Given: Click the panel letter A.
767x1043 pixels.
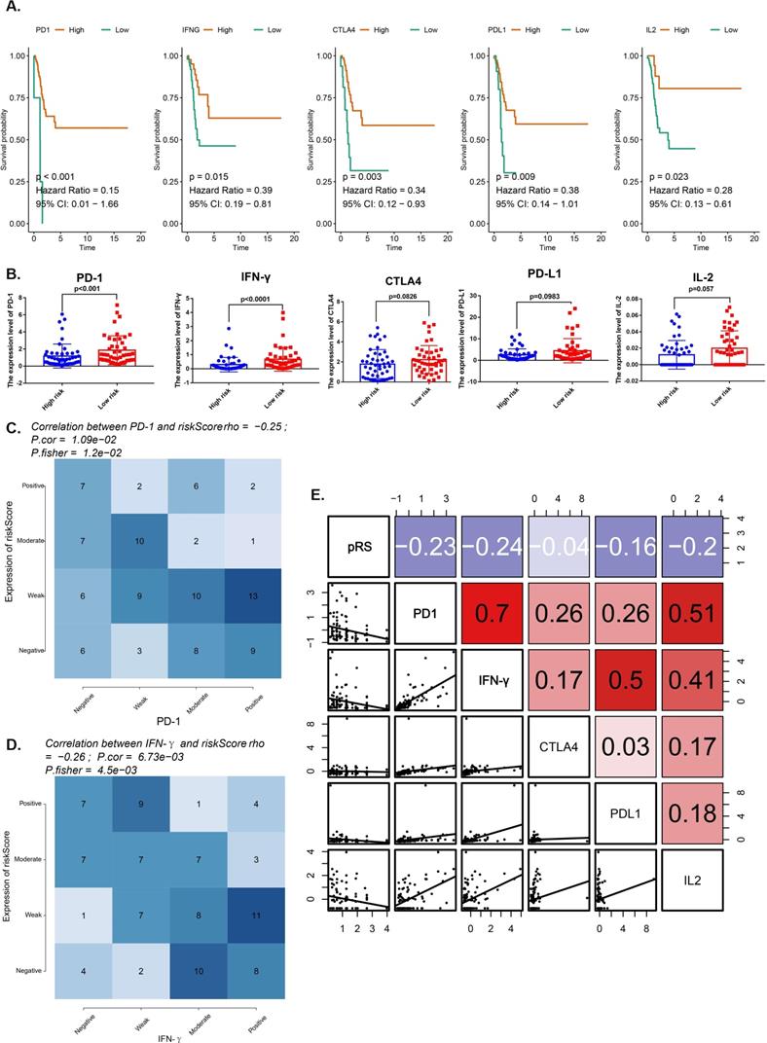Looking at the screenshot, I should click(x=11, y=8).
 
